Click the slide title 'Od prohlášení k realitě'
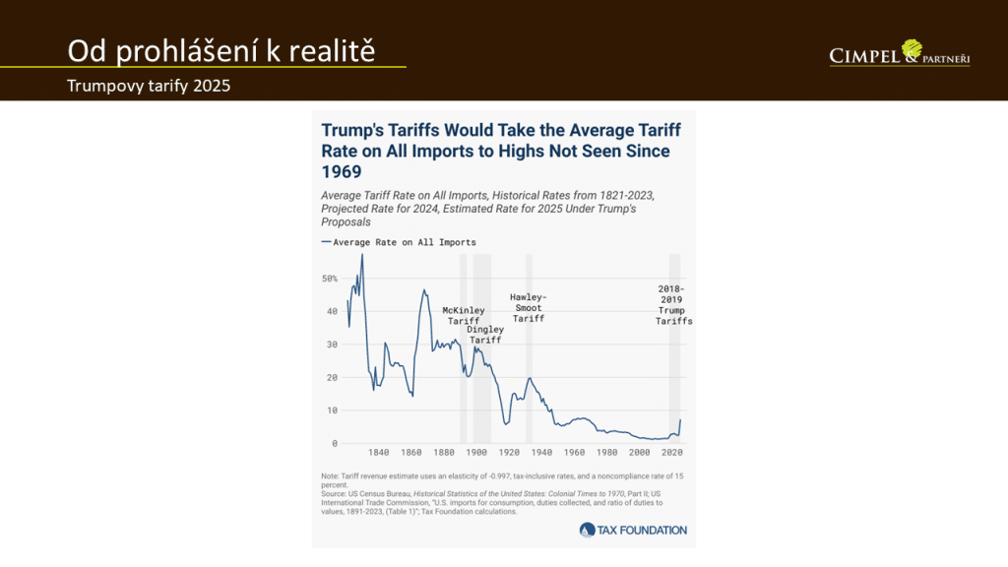[220, 51]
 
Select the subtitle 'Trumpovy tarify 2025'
[149, 86]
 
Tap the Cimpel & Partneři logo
[900, 55]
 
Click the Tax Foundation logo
[634, 530]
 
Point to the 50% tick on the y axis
[330, 279]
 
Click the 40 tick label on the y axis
[331, 311]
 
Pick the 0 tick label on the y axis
[334, 443]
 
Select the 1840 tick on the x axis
[378, 453]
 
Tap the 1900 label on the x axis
[476, 453]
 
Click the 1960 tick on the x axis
[575, 453]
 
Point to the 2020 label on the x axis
[673, 453]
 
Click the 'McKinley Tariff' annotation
[463, 316]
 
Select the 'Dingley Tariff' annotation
[485, 335]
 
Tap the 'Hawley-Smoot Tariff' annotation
[529, 308]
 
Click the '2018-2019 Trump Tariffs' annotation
[675, 305]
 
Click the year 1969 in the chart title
[342, 171]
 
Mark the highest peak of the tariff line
[362, 255]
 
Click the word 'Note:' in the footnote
[333, 476]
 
